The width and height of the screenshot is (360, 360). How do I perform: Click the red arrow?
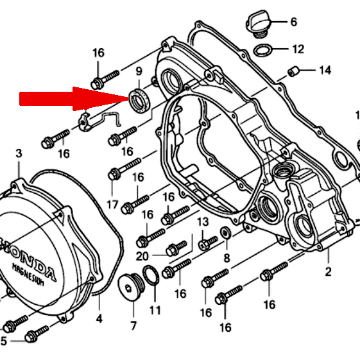tap(73, 99)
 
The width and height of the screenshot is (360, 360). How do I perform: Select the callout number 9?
tap(139, 71)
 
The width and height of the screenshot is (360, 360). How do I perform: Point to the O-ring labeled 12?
tap(263, 50)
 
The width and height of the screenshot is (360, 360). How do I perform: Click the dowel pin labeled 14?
tap(293, 71)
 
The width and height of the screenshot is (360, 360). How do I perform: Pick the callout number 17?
tap(112, 205)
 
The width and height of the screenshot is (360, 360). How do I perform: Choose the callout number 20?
tap(142, 256)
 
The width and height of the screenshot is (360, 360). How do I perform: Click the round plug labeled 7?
tap(131, 287)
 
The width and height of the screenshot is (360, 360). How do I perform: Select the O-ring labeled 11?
tap(151, 275)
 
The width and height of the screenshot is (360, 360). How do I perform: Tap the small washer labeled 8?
tap(226, 232)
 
